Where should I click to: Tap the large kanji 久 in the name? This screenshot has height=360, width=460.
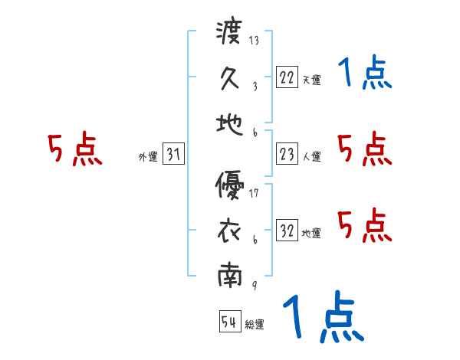pyautogui.click(x=230, y=77)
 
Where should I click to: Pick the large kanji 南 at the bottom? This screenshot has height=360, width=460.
pyautogui.click(x=230, y=275)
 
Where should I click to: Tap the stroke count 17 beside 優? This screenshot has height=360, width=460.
pyautogui.click(x=254, y=192)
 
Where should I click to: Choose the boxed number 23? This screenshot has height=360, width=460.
pyautogui.click(x=287, y=153)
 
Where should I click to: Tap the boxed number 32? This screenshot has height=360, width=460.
pyautogui.click(x=287, y=230)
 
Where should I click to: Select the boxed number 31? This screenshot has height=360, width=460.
pyautogui.click(x=173, y=154)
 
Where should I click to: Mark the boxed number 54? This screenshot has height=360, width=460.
pyautogui.click(x=229, y=322)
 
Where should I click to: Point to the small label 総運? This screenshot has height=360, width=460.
pyautogui.click(x=255, y=325)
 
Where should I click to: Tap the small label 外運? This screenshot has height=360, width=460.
pyautogui.click(x=147, y=157)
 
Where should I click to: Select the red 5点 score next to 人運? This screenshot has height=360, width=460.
pyautogui.click(x=365, y=149)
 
